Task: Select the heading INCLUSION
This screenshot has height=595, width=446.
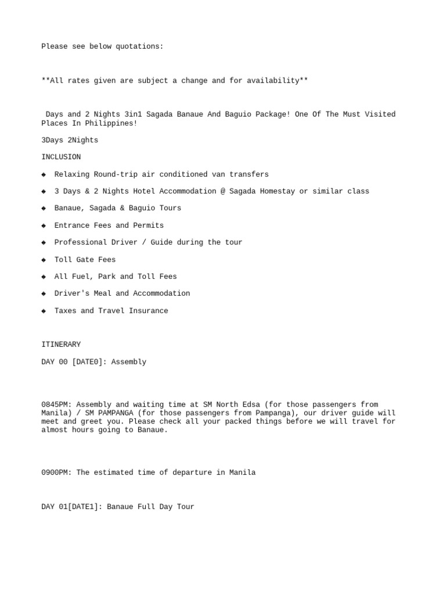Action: (61, 157)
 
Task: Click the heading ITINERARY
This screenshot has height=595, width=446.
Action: (61, 345)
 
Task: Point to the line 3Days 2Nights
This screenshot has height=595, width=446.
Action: (70, 140)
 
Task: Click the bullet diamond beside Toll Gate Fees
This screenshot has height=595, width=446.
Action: (44, 260)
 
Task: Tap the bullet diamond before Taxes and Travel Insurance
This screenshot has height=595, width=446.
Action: (44, 311)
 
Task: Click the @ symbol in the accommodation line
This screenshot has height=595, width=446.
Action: (223, 191)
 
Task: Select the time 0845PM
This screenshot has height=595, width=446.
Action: (56, 404)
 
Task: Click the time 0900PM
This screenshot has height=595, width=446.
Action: (56, 472)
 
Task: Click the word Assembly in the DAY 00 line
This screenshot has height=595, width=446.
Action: (129, 362)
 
